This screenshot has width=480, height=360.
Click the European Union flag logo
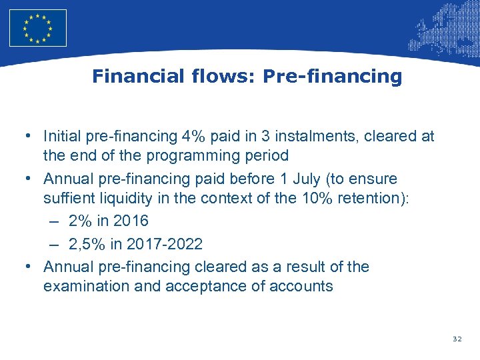click(x=38, y=28)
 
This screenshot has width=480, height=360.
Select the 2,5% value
click(x=87, y=244)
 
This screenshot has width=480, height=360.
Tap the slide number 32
click(x=457, y=339)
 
